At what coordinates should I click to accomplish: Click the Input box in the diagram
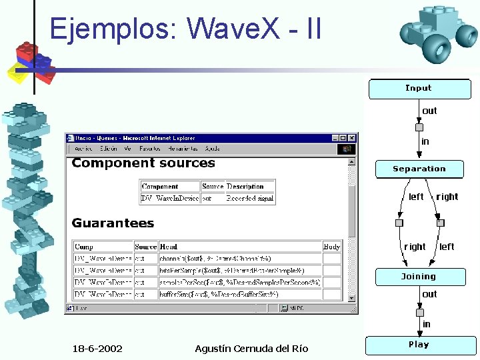click(418, 88)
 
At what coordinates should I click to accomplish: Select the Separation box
click(419, 169)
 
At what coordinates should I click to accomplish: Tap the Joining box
click(419, 277)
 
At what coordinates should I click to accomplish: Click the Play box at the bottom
click(419, 345)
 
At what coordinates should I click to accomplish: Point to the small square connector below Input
click(419, 127)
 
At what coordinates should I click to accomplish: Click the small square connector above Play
click(419, 312)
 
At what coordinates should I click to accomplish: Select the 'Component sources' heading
click(143, 163)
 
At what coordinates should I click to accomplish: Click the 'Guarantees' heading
click(113, 223)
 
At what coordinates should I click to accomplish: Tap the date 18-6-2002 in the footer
click(97, 349)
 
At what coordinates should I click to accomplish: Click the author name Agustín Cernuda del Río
click(251, 349)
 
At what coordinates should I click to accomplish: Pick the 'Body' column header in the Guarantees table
click(331, 247)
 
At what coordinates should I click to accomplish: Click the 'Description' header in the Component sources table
click(245, 187)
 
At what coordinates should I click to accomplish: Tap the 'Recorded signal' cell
click(249, 198)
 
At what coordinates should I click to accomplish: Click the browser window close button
click(352, 138)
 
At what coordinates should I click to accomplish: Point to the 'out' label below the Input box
click(429, 111)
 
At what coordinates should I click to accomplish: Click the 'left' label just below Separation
click(416, 197)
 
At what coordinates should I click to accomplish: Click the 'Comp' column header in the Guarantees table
click(84, 247)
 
